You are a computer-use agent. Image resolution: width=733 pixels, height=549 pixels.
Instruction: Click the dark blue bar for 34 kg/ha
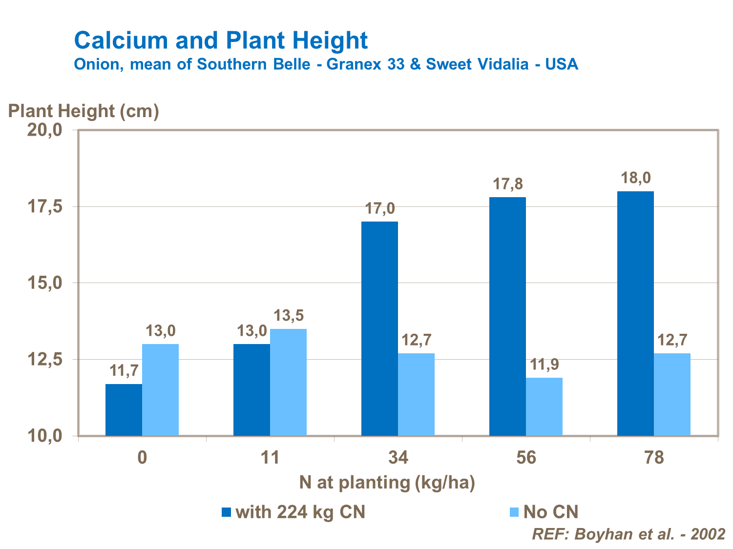pos(379,328)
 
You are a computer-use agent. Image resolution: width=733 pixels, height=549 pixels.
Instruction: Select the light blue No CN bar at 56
pos(544,407)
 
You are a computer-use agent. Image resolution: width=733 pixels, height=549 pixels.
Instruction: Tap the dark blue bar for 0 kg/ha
pos(124,409)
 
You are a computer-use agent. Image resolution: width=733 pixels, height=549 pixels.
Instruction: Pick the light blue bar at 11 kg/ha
pos(288,382)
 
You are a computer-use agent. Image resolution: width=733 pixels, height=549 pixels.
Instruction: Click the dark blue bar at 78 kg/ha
pos(635,313)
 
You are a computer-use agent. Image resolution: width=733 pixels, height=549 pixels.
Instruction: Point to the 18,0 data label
pos(635,178)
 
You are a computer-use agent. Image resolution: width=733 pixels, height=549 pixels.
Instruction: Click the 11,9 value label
pos(544,365)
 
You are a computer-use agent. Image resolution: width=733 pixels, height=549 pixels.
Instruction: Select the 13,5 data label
pos(288,316)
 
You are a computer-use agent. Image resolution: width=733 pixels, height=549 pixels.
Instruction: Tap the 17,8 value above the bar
pos(507,184)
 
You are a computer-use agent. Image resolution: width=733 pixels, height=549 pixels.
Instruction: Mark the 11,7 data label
pos(124,371)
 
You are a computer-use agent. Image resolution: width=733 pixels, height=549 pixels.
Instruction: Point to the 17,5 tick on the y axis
pos(45,206)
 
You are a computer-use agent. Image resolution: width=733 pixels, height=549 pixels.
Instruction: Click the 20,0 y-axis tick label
pos(45,130)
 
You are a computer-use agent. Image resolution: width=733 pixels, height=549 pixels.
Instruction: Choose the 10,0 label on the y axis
pos(45,436)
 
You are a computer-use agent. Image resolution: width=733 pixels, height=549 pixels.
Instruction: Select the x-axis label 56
pos(526,458)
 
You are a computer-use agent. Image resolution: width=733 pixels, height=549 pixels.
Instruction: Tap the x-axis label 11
pos(270,458)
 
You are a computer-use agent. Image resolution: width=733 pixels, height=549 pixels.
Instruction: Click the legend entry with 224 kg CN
pos(300,512)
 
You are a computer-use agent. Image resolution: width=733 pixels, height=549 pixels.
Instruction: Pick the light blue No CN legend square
pos(514,512)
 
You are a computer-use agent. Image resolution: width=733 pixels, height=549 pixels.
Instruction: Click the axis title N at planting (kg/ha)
pos(387,483)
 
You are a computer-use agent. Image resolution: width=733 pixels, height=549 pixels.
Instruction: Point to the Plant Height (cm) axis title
pos(84,111)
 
